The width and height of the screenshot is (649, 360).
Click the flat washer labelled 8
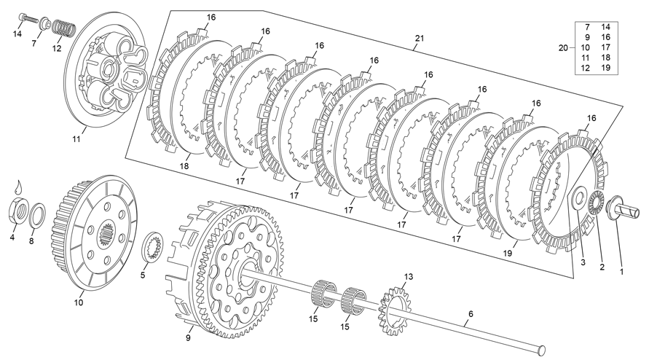click(39, 215)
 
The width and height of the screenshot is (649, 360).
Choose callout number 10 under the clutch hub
click(79, 300)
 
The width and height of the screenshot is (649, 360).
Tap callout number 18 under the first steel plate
click(184, 167)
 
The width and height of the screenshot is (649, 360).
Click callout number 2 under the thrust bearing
click(602, 267)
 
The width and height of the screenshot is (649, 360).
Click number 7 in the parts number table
click(587, 27)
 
